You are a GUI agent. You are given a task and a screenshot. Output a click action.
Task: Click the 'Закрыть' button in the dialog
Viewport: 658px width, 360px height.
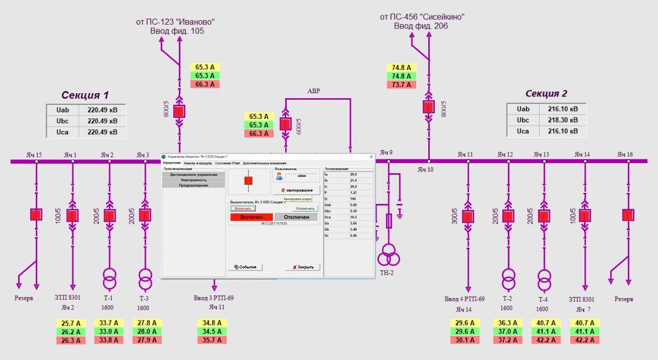(303, 267)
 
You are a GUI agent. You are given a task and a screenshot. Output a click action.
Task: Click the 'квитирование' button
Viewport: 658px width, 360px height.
(296, 190)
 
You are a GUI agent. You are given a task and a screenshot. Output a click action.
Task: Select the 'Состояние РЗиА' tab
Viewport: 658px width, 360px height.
(228, 163)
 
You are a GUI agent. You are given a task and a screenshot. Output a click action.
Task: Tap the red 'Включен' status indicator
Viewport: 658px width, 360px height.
(251, 217)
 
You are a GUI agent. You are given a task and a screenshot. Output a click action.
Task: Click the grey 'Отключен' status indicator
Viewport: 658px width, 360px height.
(296, 217)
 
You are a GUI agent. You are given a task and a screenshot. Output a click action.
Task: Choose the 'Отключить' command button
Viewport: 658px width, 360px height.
(305, 208)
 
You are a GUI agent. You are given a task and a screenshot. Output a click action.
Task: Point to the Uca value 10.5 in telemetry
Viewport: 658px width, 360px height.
(354, 216)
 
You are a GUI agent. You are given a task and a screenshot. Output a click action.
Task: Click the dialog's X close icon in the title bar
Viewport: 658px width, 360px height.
(371, 157)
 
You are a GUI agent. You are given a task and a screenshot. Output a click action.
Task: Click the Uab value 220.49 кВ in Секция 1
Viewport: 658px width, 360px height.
(103, 110)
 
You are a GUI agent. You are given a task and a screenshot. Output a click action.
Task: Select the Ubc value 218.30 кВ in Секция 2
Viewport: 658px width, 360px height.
(563, 120)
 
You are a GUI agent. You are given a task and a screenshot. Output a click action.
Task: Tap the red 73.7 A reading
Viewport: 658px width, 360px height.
(401, 84)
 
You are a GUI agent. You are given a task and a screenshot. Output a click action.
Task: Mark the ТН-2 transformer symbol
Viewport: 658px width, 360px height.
(388, 255)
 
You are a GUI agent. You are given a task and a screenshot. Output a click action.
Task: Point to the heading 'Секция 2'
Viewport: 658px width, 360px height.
(546, 94)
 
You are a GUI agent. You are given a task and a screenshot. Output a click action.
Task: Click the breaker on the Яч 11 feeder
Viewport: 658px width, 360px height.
(468, 216)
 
